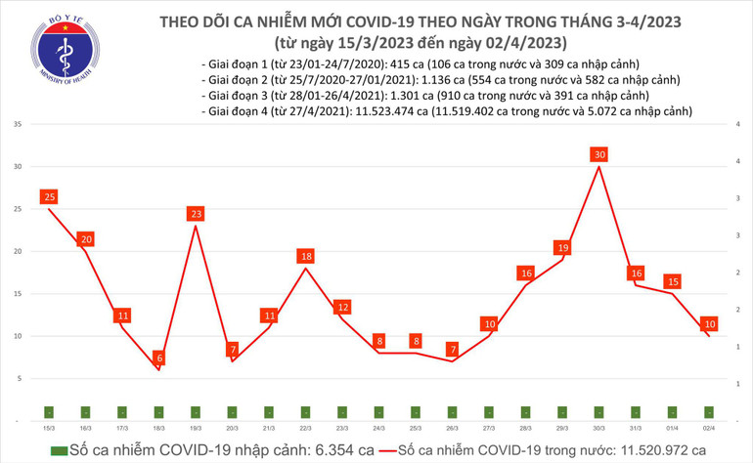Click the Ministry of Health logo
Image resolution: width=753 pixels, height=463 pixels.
pyautogui.click(x=64, y=49)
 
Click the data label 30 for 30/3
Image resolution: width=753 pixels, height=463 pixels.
pyautogui.click(x=601, y=154)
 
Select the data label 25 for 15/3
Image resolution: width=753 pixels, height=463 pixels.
pyautogui.click(x=48, y=197)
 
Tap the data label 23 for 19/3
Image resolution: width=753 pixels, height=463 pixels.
pyautogui.click(x=196, y=213)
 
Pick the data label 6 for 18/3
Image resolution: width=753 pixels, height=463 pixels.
pyautogui.click(x=159, y=358)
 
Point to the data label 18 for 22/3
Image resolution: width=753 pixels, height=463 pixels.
pyautogui.click(x=307, y=256)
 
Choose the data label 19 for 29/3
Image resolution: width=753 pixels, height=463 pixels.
pyautogui.click(x=563, y=247)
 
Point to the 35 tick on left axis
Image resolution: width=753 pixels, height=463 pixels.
pyautogui.click(x=19, y=125)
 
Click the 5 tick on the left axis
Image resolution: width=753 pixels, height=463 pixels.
pyautogui.click(x=21, y=377)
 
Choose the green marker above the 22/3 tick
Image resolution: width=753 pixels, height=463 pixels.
pyautogui.click(x=306, y=412)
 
